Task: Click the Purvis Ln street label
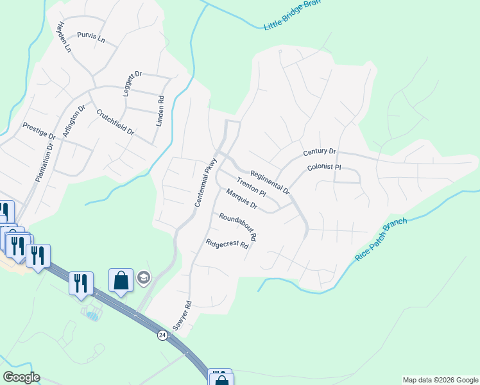tap(90, 37)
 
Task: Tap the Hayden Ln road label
tap(62, 36)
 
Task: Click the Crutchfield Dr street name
tap(115, 122)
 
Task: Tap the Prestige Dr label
tap(39, 131)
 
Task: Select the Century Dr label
tap(320, 152)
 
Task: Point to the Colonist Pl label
tap(323, 167)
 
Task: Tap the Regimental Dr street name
tap(270, 183)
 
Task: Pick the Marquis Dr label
tap(241, 199)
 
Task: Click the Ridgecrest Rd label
tap(227, 244)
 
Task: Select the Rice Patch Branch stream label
tap(381, 239)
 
